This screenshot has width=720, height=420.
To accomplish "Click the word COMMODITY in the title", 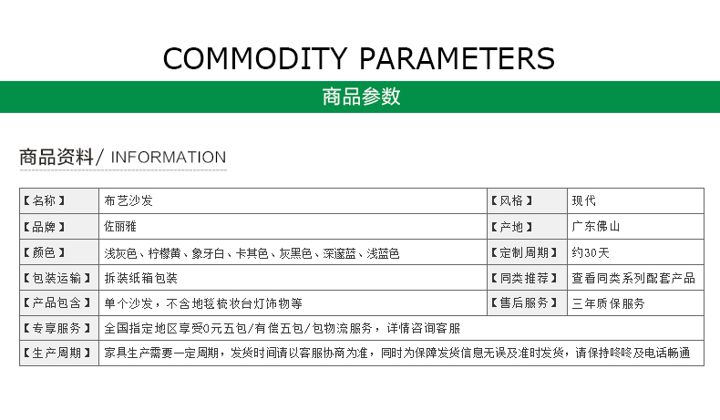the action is pyautogui.click(x=255, y=58).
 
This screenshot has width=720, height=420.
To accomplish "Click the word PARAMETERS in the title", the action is pyautogui.click(x=457, y=58).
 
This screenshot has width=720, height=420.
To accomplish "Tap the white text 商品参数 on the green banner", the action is pyautogui.click(x=362, y=97).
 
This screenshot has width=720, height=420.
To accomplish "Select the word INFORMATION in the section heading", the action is pyautogui.click(x=169, y=158).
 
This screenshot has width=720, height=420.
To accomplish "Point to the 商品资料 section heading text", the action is pyautogui.click(x=57, y=157).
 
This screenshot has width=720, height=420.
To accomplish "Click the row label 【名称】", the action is pyautogui.click(x=45, y=200).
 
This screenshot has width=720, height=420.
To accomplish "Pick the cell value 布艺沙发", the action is pyautogui.click(x=129, y=200).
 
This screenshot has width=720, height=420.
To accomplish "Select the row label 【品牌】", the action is pyautogui.click(x=45, y=227).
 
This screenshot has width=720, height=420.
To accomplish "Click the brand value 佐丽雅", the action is pyautogui.click(x=120, y=226).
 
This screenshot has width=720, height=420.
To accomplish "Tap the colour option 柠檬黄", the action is pyautogui.click(x=164, y=253).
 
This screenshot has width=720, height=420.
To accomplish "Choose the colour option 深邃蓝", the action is pyautogui.click(x=340, y=253).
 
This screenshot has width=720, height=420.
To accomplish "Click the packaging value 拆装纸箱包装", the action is pyautogui.click(x=141, y=278).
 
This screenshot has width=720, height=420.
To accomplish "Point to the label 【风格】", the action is pyautogui.click(x=511, y=200).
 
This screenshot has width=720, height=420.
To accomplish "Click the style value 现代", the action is pyautogui.click(x=583, y=200).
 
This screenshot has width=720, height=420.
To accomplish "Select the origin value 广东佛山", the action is pyautogui.click(x=596, y=226).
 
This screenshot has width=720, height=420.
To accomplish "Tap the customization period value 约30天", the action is pyautogui.click(x=591, y=253).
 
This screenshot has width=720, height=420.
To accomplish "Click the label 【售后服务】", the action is pyautogui.click(x=524, y=303).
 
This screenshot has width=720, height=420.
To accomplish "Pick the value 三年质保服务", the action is pyautogui.click(x=609, y=303).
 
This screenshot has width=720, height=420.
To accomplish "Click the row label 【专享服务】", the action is pyautogui.click(x=57, y=328).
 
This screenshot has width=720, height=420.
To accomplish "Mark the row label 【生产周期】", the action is pyautogui.click(x=57, y=353).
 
